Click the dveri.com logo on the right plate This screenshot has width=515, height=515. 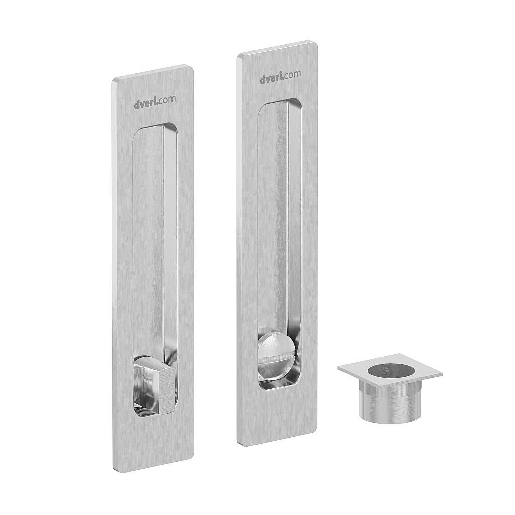280,77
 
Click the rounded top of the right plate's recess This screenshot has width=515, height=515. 280,103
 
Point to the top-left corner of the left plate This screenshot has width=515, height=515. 114,80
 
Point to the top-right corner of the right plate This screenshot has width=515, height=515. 315,44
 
